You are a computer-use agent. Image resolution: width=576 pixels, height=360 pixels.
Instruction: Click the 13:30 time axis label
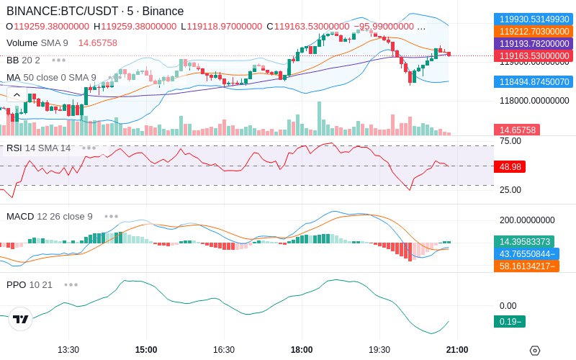pyautogui.click(x=68, y=349)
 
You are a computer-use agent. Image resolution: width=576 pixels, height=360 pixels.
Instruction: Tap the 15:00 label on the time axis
pyautogui.click(x=146, y=349)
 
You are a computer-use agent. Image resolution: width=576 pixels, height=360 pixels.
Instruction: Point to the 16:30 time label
pyautogui.click(x=224, y=349)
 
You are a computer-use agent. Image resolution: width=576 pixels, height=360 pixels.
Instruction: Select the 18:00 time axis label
pyautogui.click(x=302, y=349)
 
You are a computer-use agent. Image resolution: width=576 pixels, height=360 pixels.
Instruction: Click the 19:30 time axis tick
pyautogui.click(x=379, y=349)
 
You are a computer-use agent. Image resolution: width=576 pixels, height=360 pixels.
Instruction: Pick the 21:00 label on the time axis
pyautogui.click(x=457, y=349)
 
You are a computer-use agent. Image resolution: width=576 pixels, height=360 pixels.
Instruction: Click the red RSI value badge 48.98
pyautogui.click(x=510, y=167)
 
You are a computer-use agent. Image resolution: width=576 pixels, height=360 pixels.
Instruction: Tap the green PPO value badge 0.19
pyautogui.click(x=510, y=321)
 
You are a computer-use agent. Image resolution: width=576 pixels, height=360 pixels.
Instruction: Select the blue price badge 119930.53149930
pyautogui.click(x=534, y=19)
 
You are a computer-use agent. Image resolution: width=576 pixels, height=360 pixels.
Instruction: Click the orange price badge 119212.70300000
pyautogui.click(x=534, y=31)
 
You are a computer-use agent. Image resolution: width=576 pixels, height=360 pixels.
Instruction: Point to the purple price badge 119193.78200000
pyautogui.click(x=534, y=44)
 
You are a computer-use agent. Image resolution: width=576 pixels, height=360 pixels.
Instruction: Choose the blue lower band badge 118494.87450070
pyautogui.click(x=534, y=81)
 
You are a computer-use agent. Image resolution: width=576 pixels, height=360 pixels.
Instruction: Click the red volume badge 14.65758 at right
pyautogui.click(x=517, y=130)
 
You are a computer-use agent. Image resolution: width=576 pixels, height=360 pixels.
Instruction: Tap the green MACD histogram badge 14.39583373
pyautogui.click(x=524, y=242)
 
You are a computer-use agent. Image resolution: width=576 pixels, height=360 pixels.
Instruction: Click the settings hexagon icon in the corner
pyautogui.click(x=535, y=351)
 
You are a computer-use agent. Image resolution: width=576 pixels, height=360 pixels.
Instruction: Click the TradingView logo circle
pyautogui.click(x=21, y=319)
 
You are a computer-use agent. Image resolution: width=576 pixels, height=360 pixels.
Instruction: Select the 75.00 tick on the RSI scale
pyautogui.click(x=510, y=141)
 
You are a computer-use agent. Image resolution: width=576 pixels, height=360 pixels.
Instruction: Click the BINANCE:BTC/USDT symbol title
pyautogui.click(x=63, y=11)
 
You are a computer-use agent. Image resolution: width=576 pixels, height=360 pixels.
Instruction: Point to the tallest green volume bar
pyautogui.click(x=319, y=119)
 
